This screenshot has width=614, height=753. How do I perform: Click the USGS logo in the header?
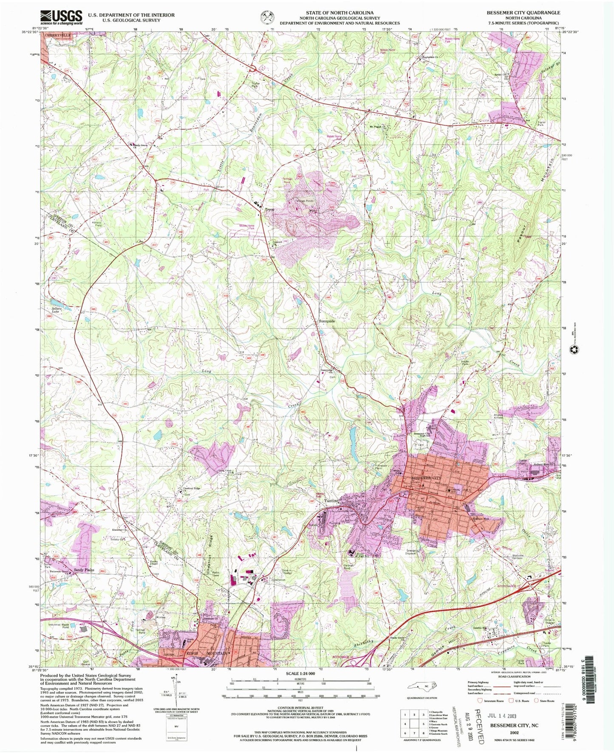tap(61, 17)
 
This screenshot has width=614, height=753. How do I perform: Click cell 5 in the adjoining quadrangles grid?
tap(414, 724)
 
